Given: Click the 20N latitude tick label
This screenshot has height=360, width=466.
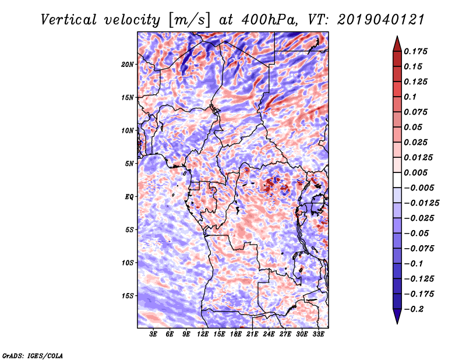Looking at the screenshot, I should pos(128,64).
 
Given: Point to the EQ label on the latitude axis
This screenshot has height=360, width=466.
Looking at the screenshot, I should pos(129,197).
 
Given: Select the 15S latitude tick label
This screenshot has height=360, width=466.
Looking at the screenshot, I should pos(128,296).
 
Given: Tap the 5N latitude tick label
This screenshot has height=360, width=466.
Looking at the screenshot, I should pos(130,164).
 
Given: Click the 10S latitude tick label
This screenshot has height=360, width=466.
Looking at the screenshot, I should pos(128,263).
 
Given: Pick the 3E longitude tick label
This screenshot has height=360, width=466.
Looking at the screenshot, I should pos(154,334).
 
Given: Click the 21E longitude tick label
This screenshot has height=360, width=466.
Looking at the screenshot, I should pos(252,334).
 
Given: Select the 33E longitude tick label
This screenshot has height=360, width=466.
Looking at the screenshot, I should pos(318,334).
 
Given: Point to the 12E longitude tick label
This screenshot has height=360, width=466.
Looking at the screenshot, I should pos(203,334).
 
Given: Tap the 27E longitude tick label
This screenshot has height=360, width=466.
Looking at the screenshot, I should pos(285,334).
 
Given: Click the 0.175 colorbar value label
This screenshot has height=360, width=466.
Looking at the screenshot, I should pos(417,51).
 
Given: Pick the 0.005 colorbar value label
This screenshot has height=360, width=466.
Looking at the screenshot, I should pos(417,172).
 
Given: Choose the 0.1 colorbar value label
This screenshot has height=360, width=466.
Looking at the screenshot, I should pos(411,97).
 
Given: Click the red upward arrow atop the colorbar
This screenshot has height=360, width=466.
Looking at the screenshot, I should pos(396,43).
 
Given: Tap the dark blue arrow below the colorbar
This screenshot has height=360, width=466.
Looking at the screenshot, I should pos(396,316).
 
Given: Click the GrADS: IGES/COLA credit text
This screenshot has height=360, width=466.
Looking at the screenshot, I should pos(33,355).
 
